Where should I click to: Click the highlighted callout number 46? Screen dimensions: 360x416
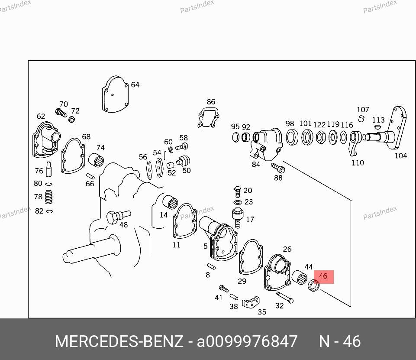[323, 276]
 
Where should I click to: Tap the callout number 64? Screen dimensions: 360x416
[135, 85]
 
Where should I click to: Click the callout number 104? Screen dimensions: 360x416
[400, 156]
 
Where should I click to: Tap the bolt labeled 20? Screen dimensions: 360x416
[237, 191]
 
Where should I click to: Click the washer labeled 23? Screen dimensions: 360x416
[237, 202]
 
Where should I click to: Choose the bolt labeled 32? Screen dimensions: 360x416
[284, 298]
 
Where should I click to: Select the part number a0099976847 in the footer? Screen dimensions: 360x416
[247, 341]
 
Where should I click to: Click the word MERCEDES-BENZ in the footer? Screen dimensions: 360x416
[119, 341]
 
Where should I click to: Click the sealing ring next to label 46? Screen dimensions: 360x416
[314, 286]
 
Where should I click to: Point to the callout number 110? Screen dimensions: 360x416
[358, 163]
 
